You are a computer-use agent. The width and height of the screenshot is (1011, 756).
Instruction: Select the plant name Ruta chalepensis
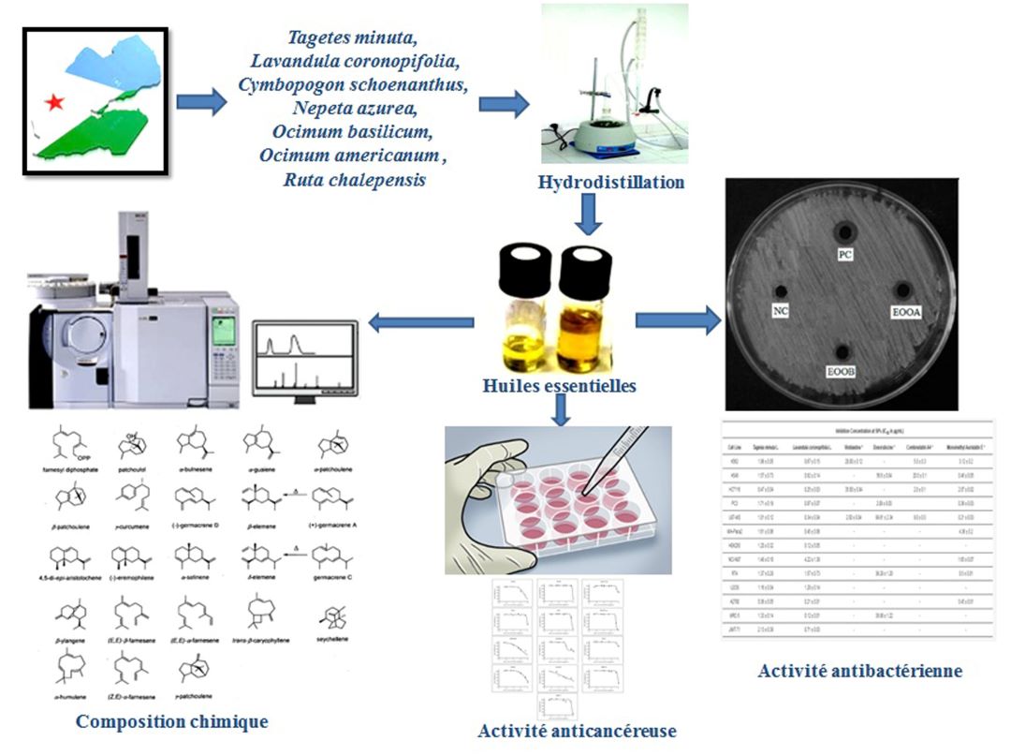pos(354,178)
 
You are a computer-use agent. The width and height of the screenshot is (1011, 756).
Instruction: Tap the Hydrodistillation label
pos(610,182)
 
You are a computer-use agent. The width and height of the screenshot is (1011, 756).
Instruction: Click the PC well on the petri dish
pos(846,231)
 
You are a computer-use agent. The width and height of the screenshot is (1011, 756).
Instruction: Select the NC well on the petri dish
pos(779,290)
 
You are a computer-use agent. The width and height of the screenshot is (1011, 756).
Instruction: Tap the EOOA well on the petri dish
pos(901,289)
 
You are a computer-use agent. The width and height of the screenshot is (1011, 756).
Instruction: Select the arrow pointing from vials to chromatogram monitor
pos(421,323)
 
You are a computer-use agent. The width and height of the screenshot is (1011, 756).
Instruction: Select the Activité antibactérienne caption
pos(860,671)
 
